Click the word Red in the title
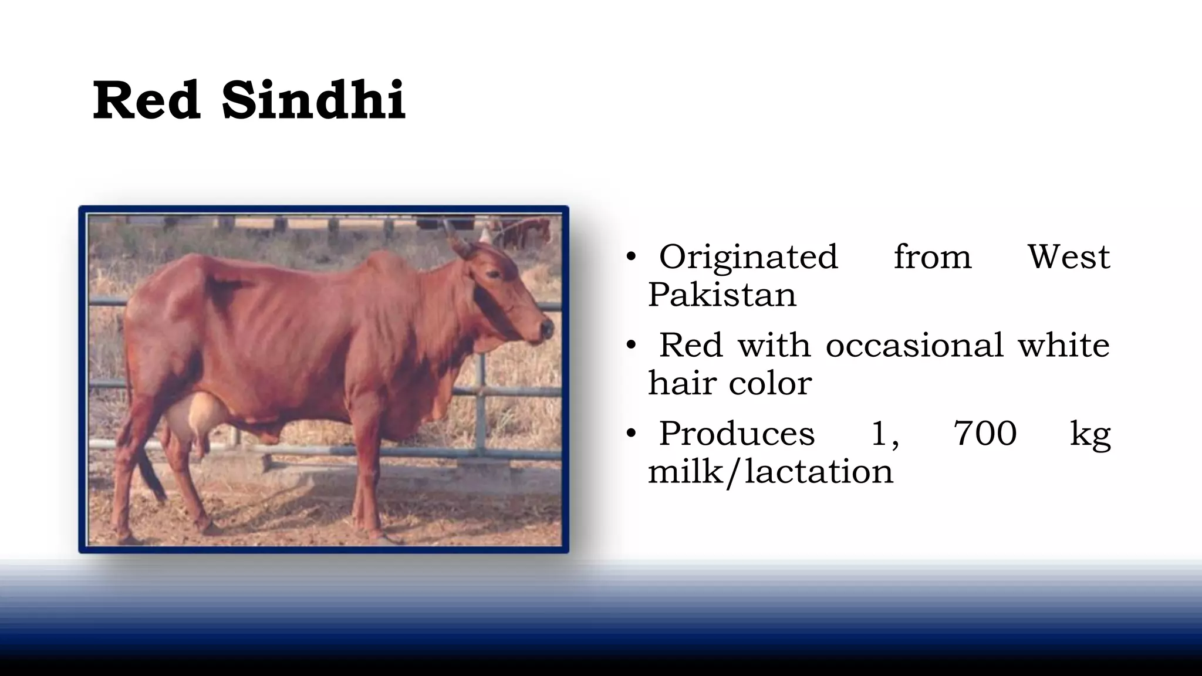(146, 101)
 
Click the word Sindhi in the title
(313, 101)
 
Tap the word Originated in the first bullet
(748, 257)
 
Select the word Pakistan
(722, 295)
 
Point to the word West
(1069, 257)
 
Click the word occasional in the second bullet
(914, 345)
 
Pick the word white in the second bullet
(1063, 345)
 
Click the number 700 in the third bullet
(985, 434)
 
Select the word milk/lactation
(770, 472)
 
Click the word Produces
(737, 434)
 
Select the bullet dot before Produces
(631, 434)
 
